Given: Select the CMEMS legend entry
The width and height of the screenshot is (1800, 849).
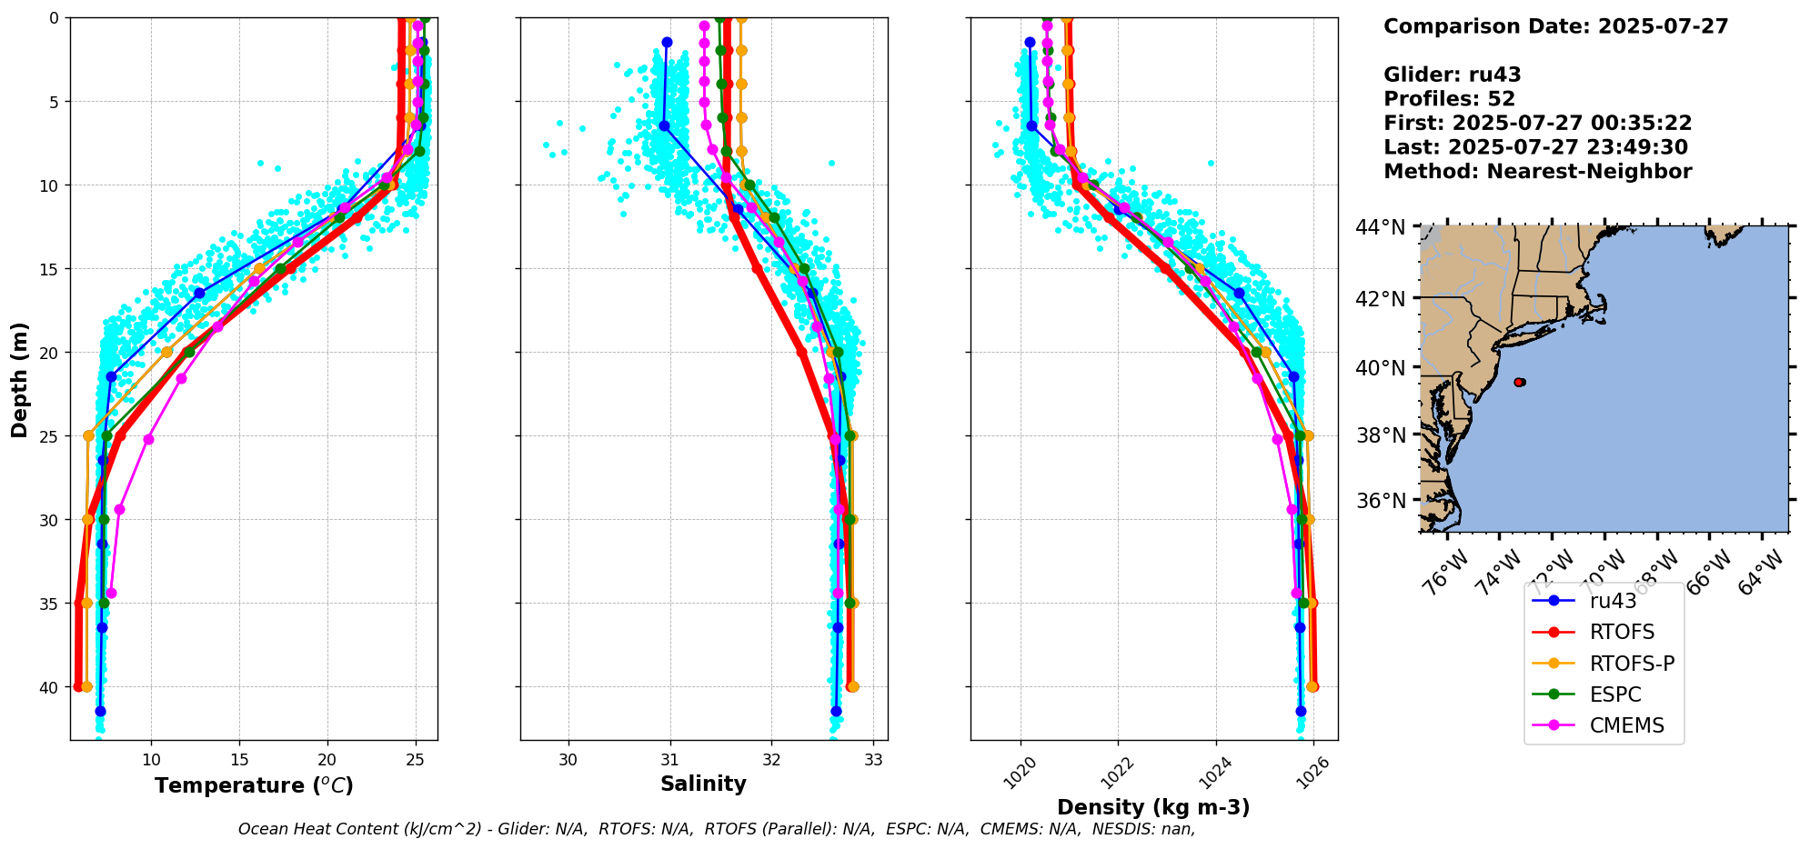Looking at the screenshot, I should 1626,725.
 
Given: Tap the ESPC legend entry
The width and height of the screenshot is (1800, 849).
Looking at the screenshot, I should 1615,694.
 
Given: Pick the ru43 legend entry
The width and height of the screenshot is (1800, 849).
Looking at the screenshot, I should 1613,601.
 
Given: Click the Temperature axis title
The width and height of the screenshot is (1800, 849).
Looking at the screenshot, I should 254,785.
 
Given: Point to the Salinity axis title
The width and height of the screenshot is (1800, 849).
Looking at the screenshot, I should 703,784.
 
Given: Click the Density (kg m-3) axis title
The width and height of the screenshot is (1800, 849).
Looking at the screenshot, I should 1153,807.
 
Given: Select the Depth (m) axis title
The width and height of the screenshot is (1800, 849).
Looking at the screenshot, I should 20,379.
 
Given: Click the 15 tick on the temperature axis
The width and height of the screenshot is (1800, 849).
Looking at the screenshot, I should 239,759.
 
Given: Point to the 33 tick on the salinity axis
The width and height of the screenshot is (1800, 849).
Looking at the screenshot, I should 874,759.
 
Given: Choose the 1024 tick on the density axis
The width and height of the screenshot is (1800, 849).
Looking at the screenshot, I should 1214,774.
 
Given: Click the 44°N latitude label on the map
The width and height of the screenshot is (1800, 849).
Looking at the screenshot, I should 1381,226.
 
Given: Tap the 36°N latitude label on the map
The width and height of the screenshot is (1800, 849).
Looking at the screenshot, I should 1381,501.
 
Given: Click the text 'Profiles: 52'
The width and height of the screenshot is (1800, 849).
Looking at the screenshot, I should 1449,99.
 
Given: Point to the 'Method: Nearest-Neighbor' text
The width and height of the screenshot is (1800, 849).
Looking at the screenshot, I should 1537,172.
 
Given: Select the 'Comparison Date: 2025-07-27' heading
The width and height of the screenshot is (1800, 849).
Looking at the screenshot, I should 1555,26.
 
